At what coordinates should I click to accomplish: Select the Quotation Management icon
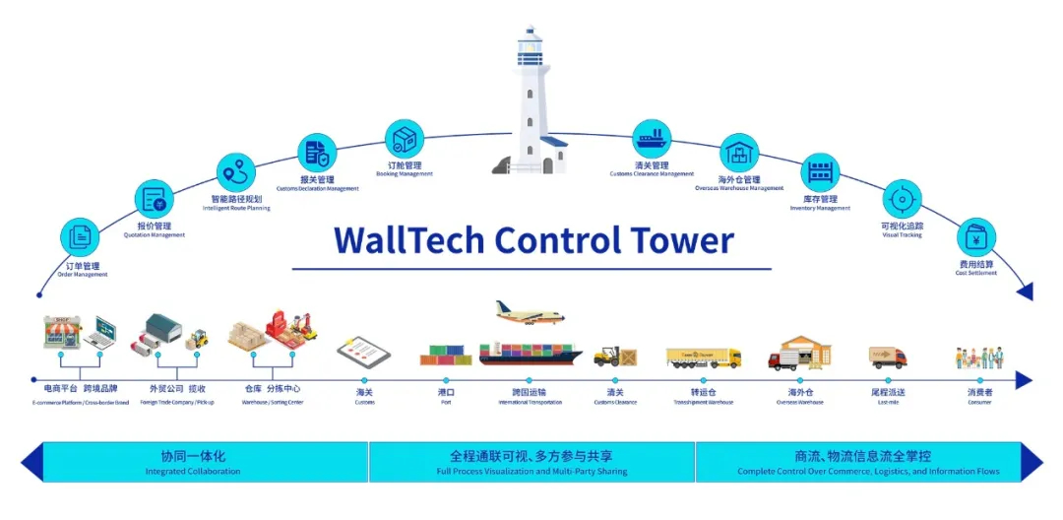(x=155, y=200)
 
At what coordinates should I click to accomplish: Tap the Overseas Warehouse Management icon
(x=739, y=153)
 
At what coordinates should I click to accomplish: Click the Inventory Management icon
(x=819, y=172)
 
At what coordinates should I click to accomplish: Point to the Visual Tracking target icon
(x=901, y=200)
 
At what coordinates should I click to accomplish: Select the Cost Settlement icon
(x=976, y=237)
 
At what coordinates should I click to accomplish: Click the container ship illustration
(x=532, y=354)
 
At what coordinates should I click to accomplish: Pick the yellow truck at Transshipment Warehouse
(x=704, y=357)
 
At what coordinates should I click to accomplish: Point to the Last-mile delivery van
(x=888, y=357)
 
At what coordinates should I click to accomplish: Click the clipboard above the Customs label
(x=363, y=352)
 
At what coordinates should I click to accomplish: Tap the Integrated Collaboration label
(x=193, y=462)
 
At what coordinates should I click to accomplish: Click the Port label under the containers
(x=446, y=393)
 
